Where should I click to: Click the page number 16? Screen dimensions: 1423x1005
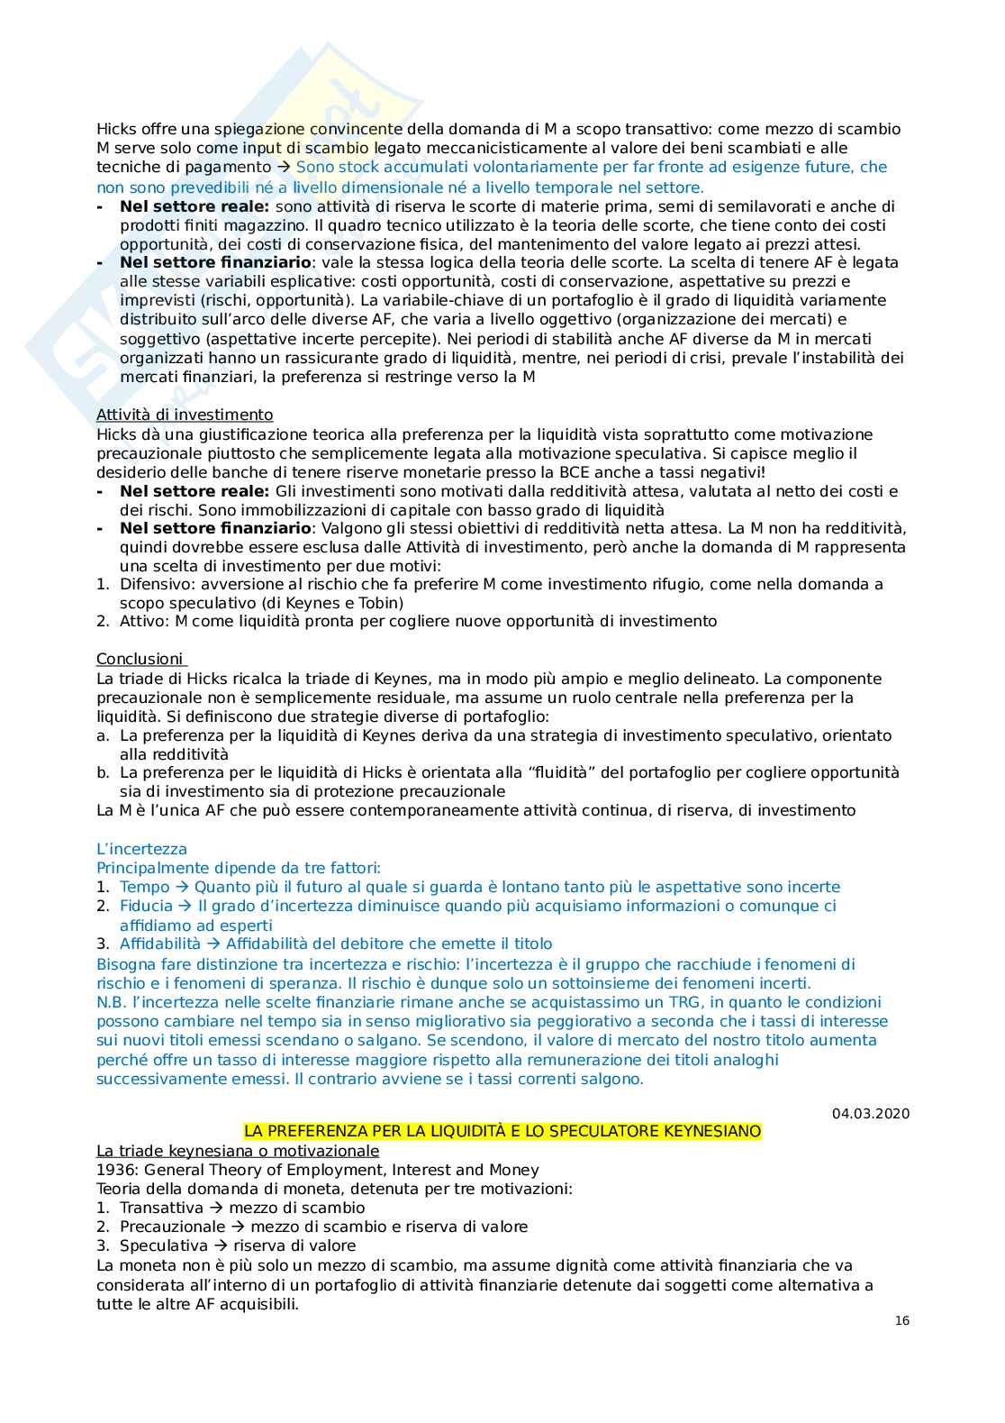(x=902, y=1320)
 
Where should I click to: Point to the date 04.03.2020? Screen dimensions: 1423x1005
(x=871, y=1113)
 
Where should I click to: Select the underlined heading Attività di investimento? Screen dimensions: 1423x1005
(x=185, y=415)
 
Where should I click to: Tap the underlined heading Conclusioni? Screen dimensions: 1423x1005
(x=140, y=659)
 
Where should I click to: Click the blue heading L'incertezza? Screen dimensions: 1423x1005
(x=141, y=849)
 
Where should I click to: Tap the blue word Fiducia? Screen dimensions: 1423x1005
(x=146, y=906)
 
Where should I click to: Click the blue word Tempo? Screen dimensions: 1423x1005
(x=144, y=887)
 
